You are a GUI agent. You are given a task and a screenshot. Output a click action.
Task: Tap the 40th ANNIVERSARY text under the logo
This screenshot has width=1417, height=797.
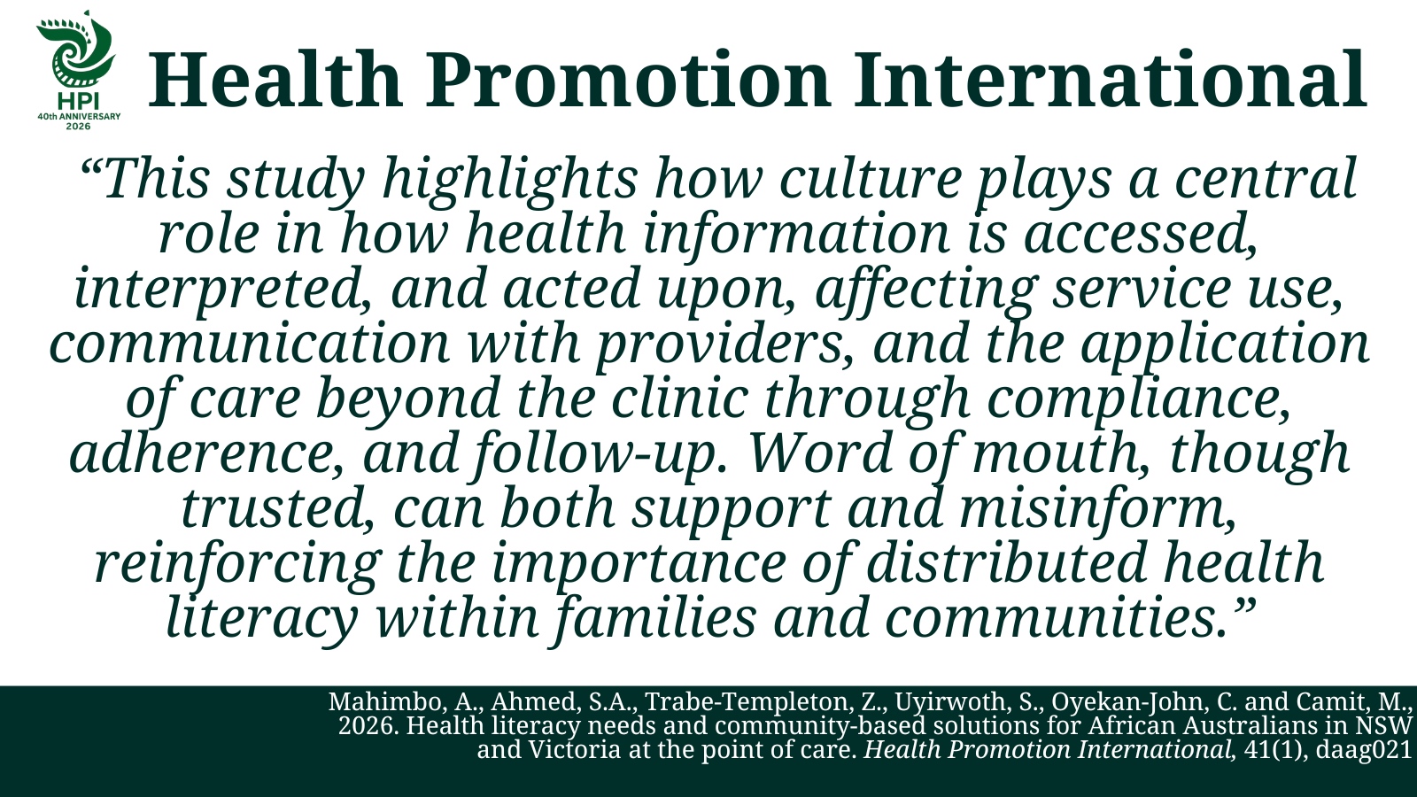pos(79,116)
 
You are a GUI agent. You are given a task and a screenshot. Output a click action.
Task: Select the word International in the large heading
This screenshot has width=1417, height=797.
pos(1111,80)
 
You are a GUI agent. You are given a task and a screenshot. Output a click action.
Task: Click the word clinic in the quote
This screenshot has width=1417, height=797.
pos(679,398)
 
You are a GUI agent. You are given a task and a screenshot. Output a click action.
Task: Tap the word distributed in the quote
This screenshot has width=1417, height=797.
pos(1006,563)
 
